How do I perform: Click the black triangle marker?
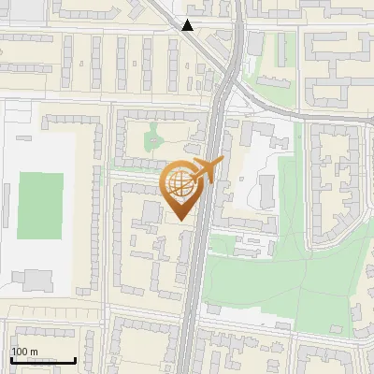coord(188,25)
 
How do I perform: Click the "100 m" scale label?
coord(24,352)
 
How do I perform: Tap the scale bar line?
coord(43,360)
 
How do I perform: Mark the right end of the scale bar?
coord(76,360)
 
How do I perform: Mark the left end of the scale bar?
coord(10,360)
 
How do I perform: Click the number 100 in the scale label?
coord(20,352)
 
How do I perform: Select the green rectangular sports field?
coord(40,206)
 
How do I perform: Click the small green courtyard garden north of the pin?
coord(152,139)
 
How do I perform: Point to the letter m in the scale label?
coord(36,352)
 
